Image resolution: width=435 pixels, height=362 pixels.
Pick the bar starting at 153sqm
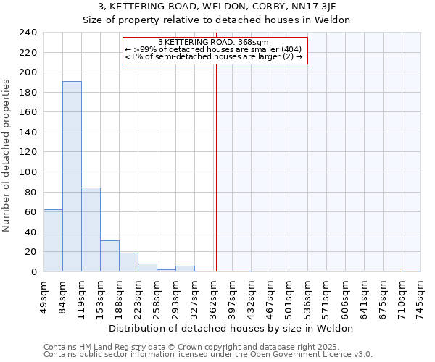[x=109, y=256]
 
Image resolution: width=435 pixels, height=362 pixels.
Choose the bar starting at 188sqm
[x=128, y=262]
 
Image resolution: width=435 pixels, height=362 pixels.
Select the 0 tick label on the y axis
[x=33, y=272]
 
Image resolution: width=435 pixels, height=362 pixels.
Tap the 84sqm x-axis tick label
[x=63, y=294]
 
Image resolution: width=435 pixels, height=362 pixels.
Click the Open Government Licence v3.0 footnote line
[x=208, y=355]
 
